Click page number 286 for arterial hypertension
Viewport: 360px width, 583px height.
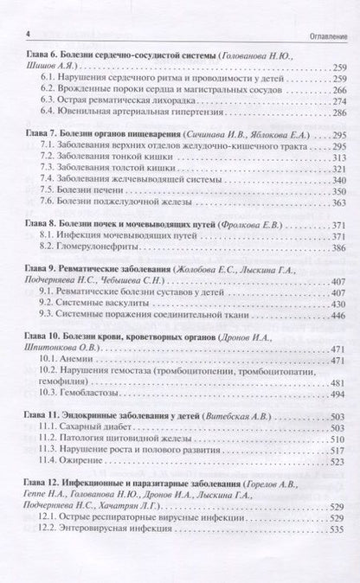coord(334,113)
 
